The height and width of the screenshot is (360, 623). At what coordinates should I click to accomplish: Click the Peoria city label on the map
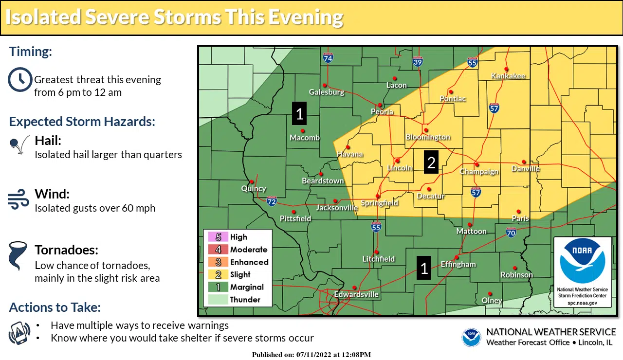(x=382, y=112)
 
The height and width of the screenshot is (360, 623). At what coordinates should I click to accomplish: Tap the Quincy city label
(x=254, y=189)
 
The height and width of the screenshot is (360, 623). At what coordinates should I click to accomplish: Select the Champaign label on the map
(x=479, y=172)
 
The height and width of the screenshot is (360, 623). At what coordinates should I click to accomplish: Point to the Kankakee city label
(x=508, y=76)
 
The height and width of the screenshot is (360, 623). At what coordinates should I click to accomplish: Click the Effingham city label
(x=458, y=265)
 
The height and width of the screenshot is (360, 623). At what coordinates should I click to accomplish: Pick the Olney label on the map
(x=492, y=301)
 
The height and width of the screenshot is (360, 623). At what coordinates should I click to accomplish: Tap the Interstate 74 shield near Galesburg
(x=328, y=58)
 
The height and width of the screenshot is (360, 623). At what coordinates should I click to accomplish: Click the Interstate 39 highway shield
(x=418, y=62)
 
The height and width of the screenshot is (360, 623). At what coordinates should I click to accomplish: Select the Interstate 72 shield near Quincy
(x=272, y=200)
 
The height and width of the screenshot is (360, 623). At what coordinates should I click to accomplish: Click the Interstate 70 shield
(x=511, y=233)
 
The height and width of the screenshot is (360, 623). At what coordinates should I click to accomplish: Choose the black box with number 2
(x=431, y=162)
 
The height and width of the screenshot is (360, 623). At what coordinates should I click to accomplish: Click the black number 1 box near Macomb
(x=299, y=114)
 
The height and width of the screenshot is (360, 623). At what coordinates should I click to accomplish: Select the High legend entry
(x=238, y=237)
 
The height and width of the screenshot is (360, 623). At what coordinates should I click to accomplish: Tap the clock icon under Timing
(x=20, y=80)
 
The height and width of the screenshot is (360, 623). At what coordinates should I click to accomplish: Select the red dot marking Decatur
(x=429, y=189)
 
